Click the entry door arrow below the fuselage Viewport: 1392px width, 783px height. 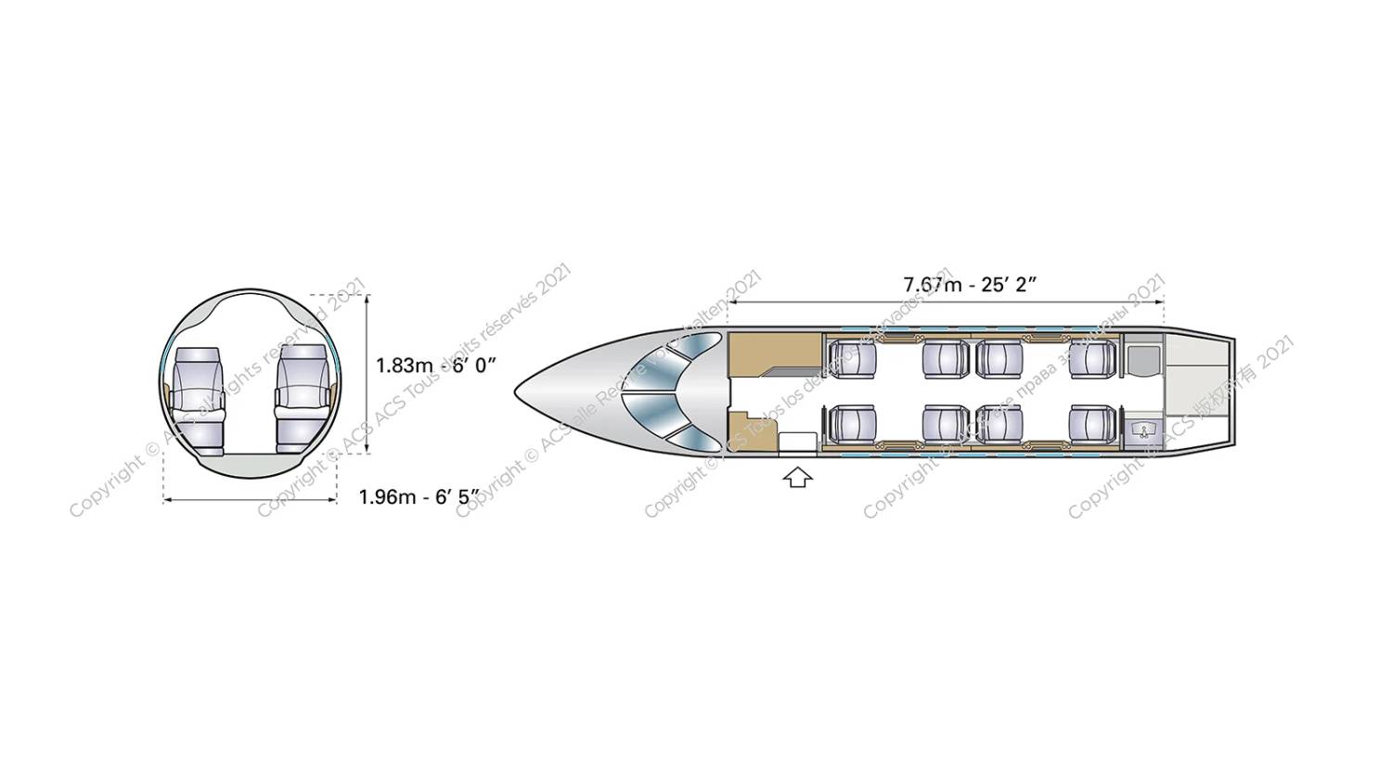[797, 477]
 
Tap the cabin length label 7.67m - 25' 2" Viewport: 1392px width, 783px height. [969, 284]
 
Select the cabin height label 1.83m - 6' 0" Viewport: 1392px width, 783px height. [435, 365]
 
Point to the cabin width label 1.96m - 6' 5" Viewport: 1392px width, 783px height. [419, 497]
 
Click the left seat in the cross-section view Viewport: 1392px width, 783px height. [198, 400]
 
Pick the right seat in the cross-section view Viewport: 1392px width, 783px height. [303, 398]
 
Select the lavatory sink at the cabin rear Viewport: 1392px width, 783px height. [1142, 429]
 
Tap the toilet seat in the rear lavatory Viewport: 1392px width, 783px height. [1142, 360]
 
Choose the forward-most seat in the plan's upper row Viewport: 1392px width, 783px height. [852, 359]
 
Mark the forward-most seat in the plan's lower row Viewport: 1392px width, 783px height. [852, 424]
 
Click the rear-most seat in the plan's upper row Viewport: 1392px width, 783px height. [1092, 359]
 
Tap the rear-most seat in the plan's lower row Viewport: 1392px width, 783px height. [1092, 424]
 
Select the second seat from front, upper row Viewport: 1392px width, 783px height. [946, 359]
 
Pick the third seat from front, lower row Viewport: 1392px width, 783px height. [999, 424]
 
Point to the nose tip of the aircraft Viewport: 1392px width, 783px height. [518, 391]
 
